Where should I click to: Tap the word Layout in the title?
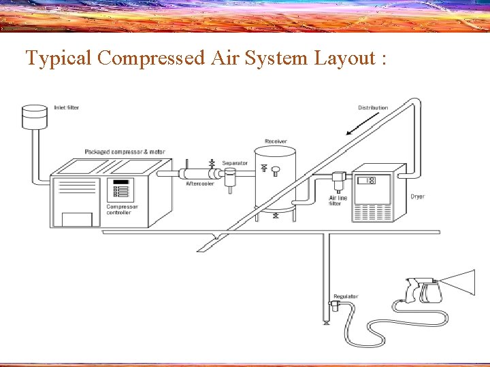coord(343,59)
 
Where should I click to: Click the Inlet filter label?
coord(67,108)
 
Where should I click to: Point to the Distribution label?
coord(373,108)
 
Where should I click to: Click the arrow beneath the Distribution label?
coord(362,124)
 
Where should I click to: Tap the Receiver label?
coord(276,141)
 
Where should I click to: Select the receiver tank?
coord(275,180)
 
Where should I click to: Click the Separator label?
coord(235,163)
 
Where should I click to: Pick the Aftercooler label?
coord(200,183)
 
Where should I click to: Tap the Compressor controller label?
coord(122,209)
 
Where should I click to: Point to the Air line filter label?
coord(338,200)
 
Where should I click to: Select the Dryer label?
coord(417,196)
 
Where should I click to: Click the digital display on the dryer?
coord(367,181)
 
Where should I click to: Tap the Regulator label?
coord(346,297)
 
